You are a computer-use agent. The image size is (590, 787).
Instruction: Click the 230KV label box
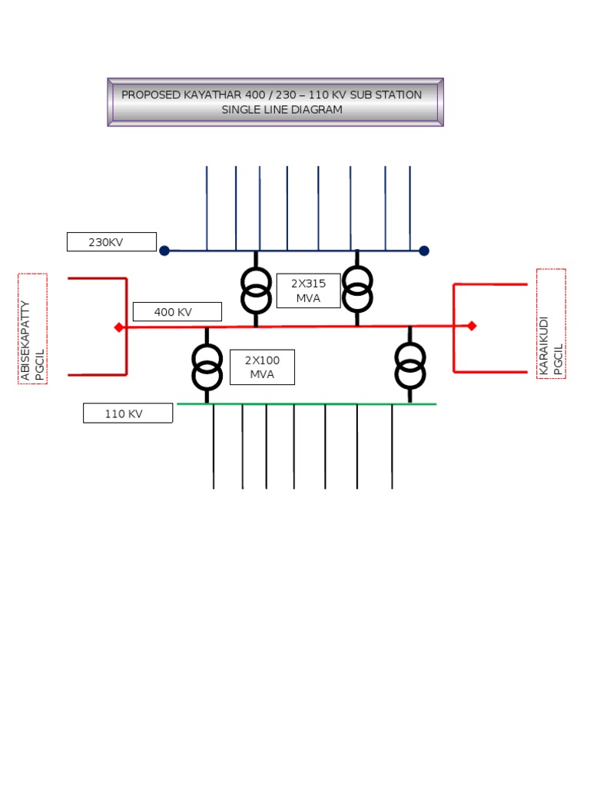tap(111, 242)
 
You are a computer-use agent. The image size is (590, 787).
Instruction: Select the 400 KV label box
tap(177, 311)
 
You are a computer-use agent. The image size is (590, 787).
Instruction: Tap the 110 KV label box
tap(128, 413)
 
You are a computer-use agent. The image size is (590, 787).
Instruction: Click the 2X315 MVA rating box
tap(308, 291)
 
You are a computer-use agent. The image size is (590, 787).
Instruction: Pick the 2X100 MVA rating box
tap(262, 367)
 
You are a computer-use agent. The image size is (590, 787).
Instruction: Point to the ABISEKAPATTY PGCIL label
tap(33, 329)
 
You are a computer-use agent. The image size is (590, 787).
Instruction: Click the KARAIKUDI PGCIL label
tap(551, 324)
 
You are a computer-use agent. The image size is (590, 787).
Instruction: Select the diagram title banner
tap(275, 101)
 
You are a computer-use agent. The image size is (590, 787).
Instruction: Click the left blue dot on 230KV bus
tap(164, 251)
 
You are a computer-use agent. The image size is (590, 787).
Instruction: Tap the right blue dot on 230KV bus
tap(424, 251)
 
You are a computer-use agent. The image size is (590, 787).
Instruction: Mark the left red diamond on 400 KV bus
tap(119, 327)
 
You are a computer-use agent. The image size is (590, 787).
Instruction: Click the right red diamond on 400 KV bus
tap(472, 326)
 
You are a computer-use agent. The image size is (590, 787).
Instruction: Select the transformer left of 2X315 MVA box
tap(256, 289)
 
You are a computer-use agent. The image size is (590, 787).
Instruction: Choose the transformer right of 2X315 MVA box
tap(357, 287)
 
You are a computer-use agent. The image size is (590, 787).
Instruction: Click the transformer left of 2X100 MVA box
tap(207, 366)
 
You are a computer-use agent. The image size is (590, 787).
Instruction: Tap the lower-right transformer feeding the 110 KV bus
tap(409, 365)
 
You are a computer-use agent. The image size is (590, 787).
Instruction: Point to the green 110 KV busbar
tap(307, 403)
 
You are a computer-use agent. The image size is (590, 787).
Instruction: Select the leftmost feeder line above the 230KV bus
tap(207, 208)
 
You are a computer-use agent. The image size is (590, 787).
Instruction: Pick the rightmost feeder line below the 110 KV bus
tap(393, 446)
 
